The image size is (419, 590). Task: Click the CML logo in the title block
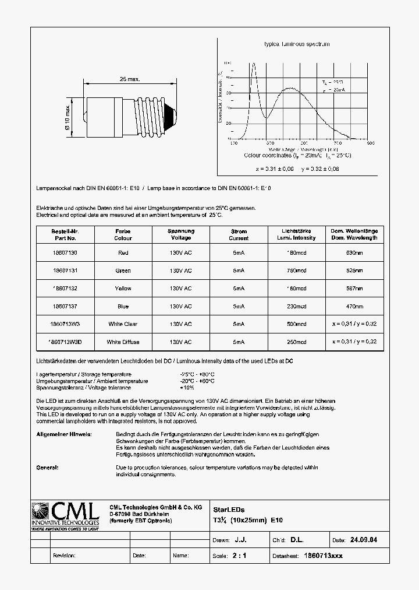(x=64, y=515)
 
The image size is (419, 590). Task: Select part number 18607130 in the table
(x=64, y=253)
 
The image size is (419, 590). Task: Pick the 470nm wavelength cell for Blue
(x=354, y=306)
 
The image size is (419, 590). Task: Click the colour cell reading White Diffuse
(x=123, y=342)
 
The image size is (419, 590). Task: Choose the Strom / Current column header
(x=239, y=234)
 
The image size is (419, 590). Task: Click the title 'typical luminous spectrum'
(x=297, y=44)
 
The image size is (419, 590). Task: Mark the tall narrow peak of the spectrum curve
(x=253, y=65)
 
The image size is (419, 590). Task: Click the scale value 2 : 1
(x=239, y=556)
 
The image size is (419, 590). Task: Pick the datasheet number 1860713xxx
(x=324, y=556)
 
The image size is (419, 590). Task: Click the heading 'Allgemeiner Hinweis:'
(x=63, y=435)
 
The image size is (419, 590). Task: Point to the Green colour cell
(x=123, y=271)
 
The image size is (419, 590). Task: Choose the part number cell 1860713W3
(x=64, y=324)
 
